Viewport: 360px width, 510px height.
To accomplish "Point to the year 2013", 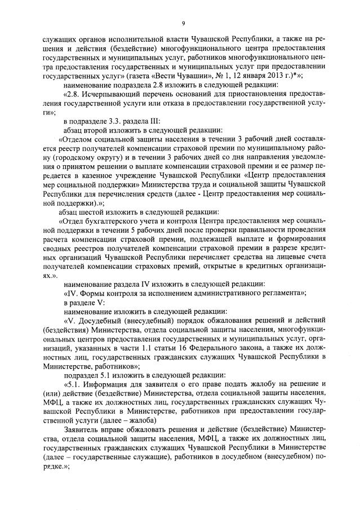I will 277,74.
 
